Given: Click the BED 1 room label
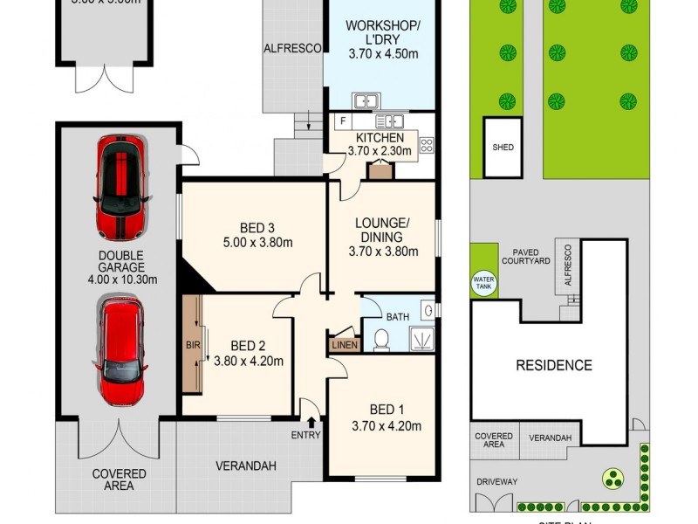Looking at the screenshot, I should (380, 409).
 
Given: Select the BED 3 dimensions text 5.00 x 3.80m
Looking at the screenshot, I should (253, 242).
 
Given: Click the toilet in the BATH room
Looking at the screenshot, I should (380, 339).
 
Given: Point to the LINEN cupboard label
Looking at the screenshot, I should (344, 346).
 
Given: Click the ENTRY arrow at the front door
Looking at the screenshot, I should (311, 423).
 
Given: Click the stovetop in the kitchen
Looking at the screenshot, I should (427, 146).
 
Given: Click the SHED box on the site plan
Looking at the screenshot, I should (503, 148).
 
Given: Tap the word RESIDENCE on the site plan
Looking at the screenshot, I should (553, 365).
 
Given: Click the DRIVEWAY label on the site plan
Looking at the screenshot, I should (496, 481).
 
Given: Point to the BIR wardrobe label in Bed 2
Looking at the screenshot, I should (193, 345).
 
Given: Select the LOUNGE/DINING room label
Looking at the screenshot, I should (382, 230).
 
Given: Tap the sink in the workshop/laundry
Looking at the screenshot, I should (365, 100).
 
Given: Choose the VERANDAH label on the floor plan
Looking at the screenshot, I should (246, 466).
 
